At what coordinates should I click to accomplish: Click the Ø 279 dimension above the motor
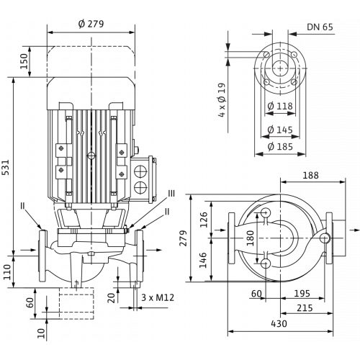[91, 24]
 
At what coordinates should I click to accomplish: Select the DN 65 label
[320, 27]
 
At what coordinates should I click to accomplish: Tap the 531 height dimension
[6, 167]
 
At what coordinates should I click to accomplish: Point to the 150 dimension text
[24, 61]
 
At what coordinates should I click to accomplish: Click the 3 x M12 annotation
[158, 297]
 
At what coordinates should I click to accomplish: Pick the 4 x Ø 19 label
[222, 100]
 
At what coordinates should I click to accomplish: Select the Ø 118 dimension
[280, 106]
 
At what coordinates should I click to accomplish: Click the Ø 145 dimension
[280, 130]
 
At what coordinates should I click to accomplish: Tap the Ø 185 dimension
[280, 146]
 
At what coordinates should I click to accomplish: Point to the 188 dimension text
[310, 175]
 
